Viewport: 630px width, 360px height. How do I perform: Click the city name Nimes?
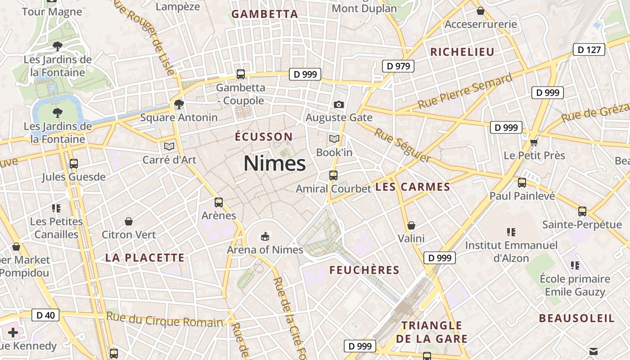coord(274,163)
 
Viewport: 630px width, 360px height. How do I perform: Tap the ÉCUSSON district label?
coord(264,137)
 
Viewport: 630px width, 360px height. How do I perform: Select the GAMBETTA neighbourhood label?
coord(265,14)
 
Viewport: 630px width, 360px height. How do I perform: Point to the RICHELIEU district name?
coord(462,52)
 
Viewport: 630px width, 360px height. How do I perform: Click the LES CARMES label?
coord(413,187)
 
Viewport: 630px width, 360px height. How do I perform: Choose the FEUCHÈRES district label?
coord(364,270)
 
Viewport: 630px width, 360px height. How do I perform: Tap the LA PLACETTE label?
coord(145,258)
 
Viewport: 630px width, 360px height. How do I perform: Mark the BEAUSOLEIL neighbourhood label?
coord(577,319)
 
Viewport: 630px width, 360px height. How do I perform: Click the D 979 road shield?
coord(398,66)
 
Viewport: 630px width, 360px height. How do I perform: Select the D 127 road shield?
coord(589,49)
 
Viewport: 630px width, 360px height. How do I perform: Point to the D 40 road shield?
coord(45,315)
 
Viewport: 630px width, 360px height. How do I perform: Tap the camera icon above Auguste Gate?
coord(339,105)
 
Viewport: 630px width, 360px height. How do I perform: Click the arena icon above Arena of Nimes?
coord(265,236)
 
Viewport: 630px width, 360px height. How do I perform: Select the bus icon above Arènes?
coord(219,202)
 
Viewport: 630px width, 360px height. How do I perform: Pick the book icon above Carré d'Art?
coord(169,146)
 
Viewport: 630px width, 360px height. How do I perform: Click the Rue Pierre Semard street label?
coord(465,91)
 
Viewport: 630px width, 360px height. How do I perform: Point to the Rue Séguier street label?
coord(402,145)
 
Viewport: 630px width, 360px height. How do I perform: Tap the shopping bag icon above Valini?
coord(411,225)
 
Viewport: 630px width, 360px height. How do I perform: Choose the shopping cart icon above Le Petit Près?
coord(534,143)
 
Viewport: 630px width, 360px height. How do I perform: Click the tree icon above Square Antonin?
coord(179,104)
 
